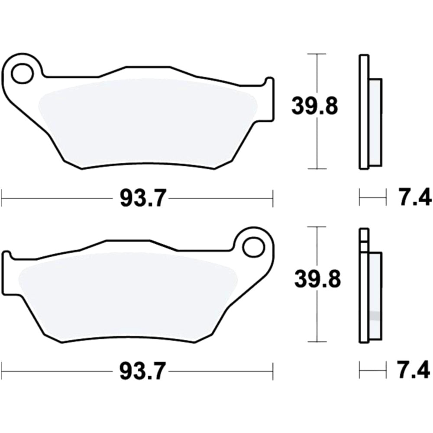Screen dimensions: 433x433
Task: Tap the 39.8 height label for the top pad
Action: click(x=314, y=106)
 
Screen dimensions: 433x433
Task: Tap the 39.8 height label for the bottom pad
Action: click(x=317, y=280)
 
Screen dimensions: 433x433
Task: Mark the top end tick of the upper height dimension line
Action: click(x=318, y=54)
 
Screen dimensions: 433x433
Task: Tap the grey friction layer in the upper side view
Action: click(x=375, y=123)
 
